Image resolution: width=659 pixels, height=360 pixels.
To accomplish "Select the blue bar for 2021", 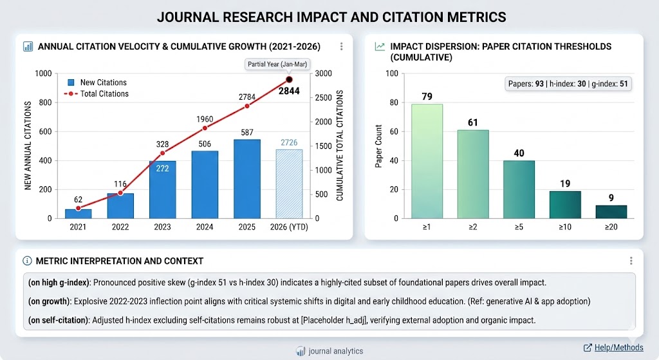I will click(x=78, y=213).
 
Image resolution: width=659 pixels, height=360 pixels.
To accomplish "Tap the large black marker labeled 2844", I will click(x=289, y=79).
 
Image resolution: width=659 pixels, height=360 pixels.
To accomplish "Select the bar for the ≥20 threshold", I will click(x=611, y=211).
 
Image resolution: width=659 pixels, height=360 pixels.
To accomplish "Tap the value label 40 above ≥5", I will click(x=519, y=152).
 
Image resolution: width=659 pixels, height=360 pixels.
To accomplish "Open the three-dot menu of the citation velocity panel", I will click(x=341, y=46).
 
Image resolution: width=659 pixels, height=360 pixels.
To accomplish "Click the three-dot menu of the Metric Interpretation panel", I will click(x=631, y=261).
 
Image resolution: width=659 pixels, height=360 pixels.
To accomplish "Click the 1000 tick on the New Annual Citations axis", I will click(x=43, y=74).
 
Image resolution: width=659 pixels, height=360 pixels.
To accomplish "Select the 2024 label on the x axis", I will click(x=205, y=227).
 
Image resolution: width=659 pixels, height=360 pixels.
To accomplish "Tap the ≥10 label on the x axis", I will click(x=564, y=227).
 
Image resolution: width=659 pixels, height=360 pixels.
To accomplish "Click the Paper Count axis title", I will click(x=379, y=146).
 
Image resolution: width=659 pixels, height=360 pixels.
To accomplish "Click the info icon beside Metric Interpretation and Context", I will click(x=27, y=261).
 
